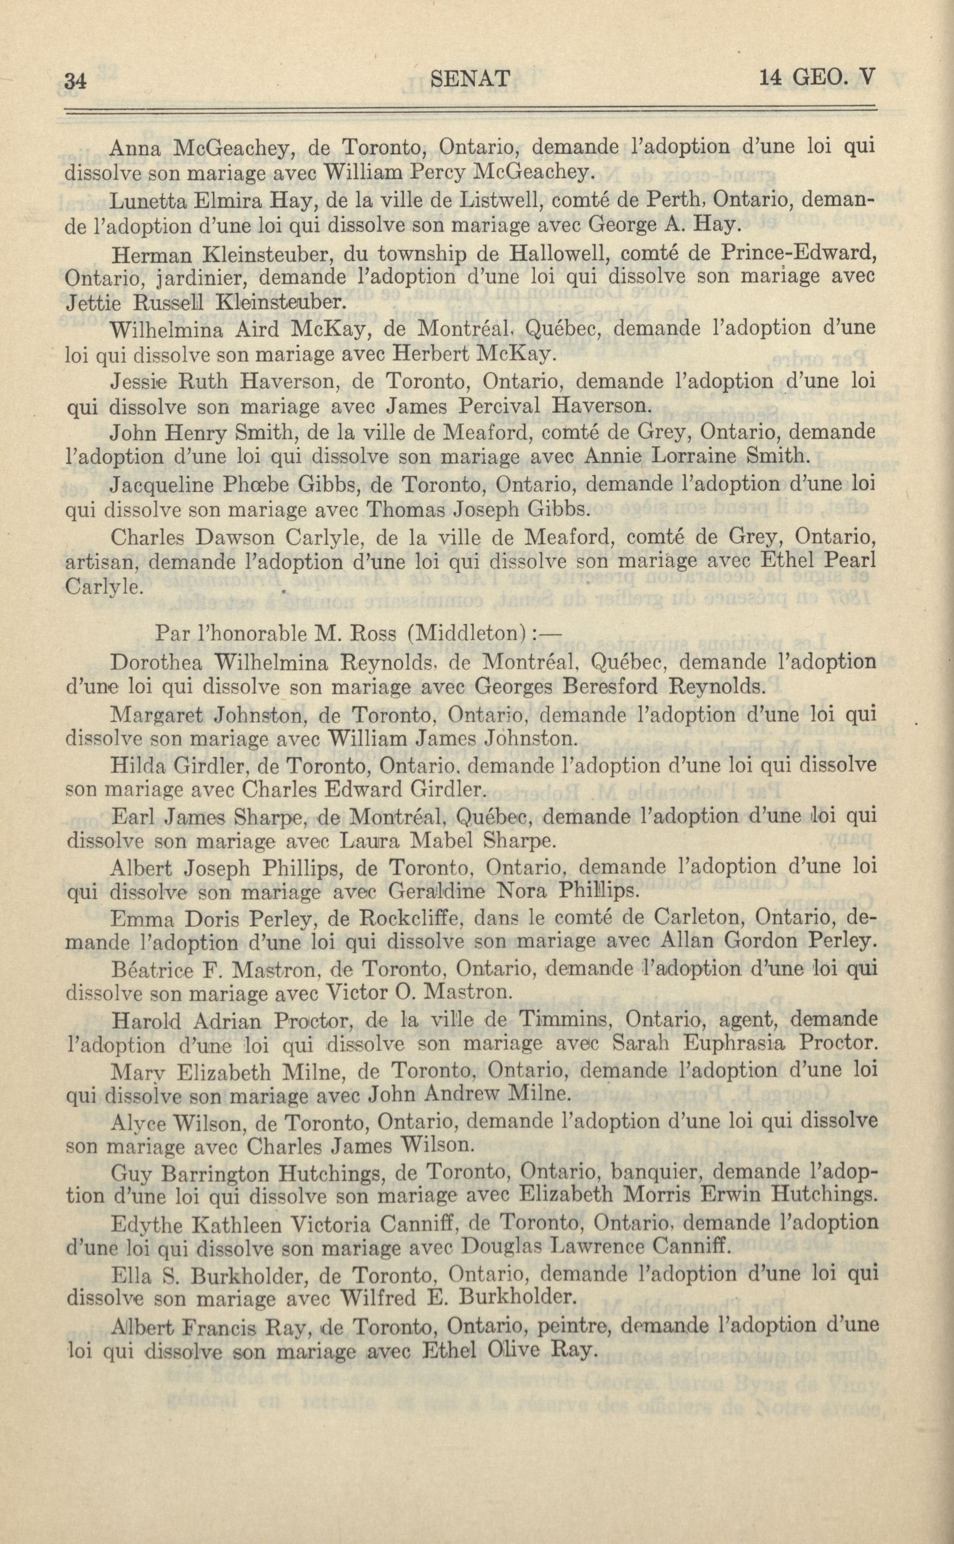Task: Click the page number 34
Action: tap(75, 81)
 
